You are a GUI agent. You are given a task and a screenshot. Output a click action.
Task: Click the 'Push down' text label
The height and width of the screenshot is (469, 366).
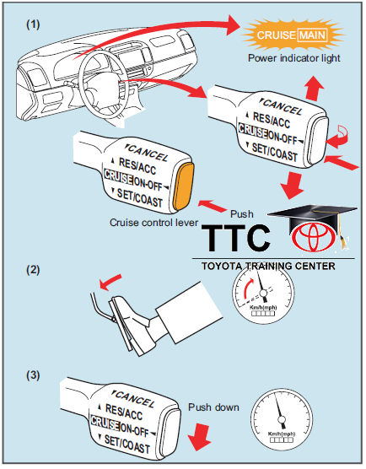coord(213,407)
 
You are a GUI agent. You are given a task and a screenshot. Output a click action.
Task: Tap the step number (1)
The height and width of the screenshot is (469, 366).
coord(33,23)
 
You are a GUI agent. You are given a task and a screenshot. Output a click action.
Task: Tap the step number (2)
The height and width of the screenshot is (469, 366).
coord(33,272)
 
